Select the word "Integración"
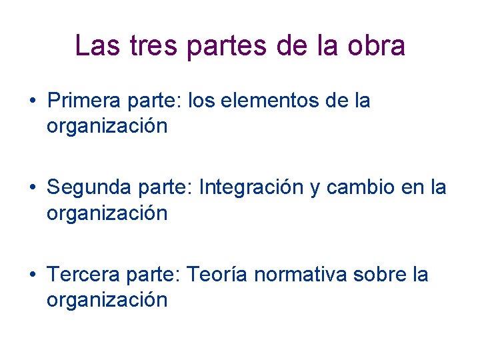[251, 188]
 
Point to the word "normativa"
[298, 275]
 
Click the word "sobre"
[379, 275]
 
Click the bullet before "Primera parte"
[32, 102]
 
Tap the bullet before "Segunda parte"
[32, 189]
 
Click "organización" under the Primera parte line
[107, 126]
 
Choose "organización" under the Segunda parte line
[107, 213]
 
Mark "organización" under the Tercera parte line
[107, 299]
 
